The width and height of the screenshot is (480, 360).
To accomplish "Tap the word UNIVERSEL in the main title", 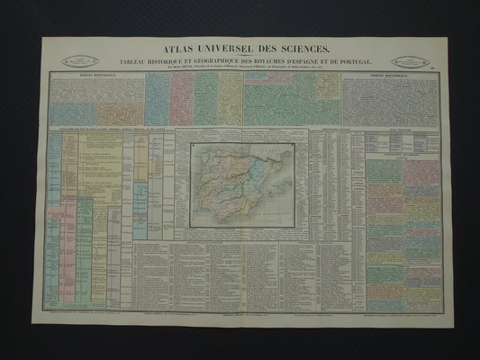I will pos(225,49).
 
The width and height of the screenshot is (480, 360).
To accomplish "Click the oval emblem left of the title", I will pos(79,61).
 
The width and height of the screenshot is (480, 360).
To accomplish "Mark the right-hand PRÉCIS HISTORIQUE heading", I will pos(390,76).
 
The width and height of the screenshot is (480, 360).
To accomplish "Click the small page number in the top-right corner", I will pos(437,64).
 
